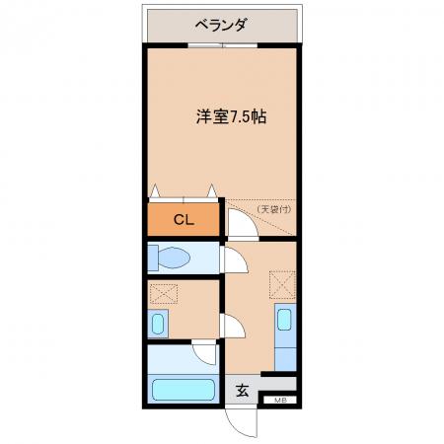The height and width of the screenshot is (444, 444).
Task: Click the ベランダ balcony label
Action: coord(221,25)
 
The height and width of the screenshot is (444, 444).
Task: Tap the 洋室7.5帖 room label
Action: coord(231,116)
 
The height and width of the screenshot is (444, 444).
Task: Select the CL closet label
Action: coord(184,220)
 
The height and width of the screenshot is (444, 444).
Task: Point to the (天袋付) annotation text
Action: coord(274,209)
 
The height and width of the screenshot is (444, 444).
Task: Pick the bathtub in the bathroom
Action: coord(184,390)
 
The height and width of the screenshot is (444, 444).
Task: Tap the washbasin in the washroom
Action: coord(158,324)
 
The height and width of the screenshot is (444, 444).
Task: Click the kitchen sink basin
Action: coord(284,319)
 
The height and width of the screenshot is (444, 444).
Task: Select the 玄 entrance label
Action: coord(243,391)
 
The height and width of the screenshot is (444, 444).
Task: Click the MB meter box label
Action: coord(280,401)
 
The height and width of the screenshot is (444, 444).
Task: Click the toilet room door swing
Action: coord(244,259)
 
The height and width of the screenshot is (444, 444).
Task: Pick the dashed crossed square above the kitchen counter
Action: coord(282,284)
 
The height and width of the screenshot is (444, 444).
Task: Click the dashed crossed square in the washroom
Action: coord(164,294)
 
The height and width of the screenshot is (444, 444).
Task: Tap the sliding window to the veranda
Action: coord(223,45)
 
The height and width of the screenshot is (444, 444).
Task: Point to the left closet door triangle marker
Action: coord(155,191)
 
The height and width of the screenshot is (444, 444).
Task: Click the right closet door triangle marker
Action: coord(212,191)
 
